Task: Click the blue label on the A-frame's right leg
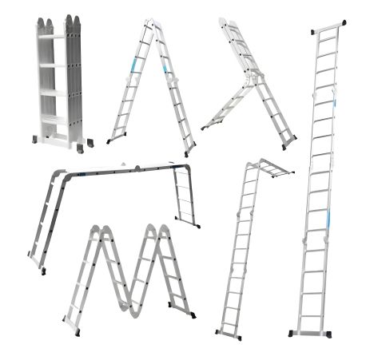(x=166, y=73)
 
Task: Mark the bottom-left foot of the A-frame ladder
(x=109, y=140)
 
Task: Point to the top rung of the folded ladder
(x=51, y=36)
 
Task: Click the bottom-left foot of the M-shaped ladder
(x=70, y=330)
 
